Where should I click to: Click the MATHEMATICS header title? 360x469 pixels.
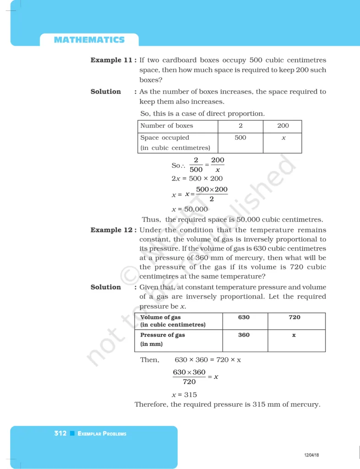(89, 40)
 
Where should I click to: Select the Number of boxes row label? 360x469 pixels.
(167, 125)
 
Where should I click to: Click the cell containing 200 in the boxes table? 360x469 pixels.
(283, 125)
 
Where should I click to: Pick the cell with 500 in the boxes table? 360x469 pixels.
(240, 137)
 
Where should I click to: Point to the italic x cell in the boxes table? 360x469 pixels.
(284, 138)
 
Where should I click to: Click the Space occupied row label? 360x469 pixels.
(165, 137)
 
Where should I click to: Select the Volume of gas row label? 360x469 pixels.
(161, 317)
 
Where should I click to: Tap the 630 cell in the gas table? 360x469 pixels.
(244, 317)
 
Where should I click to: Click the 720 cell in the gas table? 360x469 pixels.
(295, 317)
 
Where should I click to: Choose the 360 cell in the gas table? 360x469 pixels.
(244, 335)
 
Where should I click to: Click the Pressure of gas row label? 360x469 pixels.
(163, 335)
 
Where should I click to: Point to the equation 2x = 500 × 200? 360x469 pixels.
(197, 179)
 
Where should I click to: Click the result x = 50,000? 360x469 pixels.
(190, 209)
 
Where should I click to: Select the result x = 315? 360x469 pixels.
(184, 394)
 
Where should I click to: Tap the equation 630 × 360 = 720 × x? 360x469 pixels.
(208, 360)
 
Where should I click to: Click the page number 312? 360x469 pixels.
(60, 433)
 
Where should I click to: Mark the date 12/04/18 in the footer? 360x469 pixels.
(311, 455)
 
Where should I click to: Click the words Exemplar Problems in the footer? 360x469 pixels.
(102, 434)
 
